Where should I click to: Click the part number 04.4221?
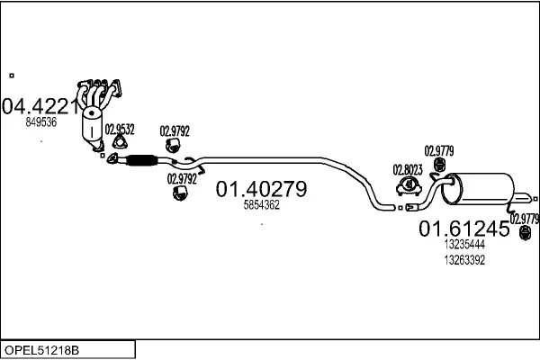(40, 106)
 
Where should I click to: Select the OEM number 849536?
(41, 122)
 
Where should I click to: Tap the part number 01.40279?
(261, 189)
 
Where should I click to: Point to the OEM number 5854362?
(261, 205)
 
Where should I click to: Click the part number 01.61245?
(463, 229)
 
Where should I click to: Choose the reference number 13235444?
(464, 244)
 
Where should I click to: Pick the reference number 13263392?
(464, 260)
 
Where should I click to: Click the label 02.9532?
(120, 130)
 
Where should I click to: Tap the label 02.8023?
(408, 170)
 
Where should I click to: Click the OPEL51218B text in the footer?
(41, 350)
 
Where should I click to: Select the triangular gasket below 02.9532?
(120, 142)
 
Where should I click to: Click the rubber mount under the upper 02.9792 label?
(173, 145)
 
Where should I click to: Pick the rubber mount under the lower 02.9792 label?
(180, 193)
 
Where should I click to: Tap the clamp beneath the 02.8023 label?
(409, 186)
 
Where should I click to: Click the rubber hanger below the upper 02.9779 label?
(439, 165)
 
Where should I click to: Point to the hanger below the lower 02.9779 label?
(525, 233)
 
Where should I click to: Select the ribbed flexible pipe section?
(141, 160)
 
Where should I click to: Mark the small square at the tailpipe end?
(535, 199)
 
